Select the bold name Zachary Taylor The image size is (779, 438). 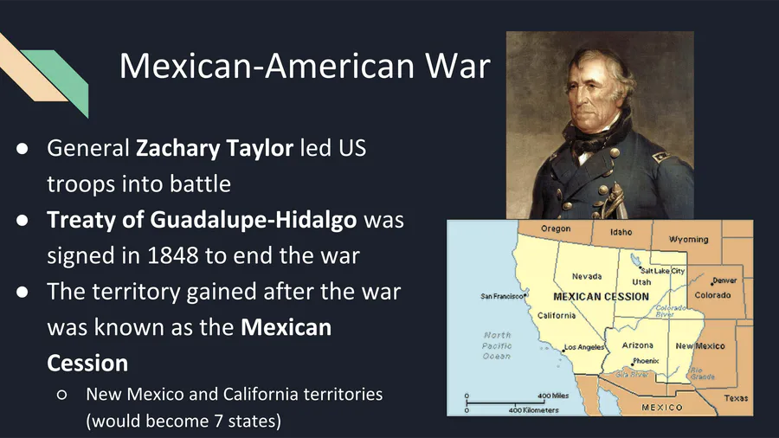pyautogui.click(x=215, y=149)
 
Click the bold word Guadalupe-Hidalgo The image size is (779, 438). pyautogui.click(x=254, y=220)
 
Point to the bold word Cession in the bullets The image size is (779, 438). pyautogui.click(x=87, y=364)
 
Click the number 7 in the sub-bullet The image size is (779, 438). pyautogui.click(x=219, y=421)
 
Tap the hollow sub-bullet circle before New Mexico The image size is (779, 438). pyautogui.click(x=62, y=395)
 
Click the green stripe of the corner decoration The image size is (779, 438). pyautogui.click(x=62, y=79)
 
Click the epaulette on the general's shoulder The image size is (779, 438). pyautogui.click(x=660, y=156)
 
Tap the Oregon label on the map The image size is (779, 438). pyautogui.click(x=556, y=229)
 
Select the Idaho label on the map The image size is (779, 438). pyautogui.click(x=621, y=232)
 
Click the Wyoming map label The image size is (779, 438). pyautogui.click(x=689, y=240)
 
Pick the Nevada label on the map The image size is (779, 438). pyautogui.click(x=587, y=276)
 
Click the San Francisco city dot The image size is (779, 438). pyautogui.click(x=525, y=295)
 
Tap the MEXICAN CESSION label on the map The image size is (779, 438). pyautogui.click(x=602, y=297)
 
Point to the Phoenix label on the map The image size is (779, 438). pyautogui.click(x=646, y=361)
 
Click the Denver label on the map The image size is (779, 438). pyautogui.click(x=724, y=280)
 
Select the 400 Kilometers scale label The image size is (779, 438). pyautogui.click(x=533, y=410)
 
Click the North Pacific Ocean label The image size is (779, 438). pyautogui.click(x=497, y=345)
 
